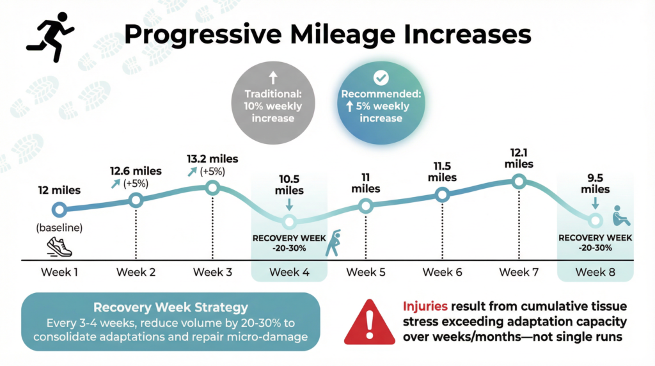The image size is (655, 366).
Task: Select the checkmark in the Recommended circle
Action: pyautogui.click(x=381, y=78)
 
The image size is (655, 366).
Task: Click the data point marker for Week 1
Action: pyautogui.click(x=59, y=209)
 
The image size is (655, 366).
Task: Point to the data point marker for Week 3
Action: pyautogui.click(x=213, y=188)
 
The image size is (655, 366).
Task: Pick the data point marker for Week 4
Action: pyautogui.click(x=289, y=222)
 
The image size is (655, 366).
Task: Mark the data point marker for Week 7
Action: pyautogui.click(x=519, y=182)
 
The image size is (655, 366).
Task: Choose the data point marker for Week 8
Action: pyautogui.click(x=596, y=221)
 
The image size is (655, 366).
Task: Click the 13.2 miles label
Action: pyautogui.click(x=213, y=159)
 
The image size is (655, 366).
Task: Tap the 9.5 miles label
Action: pyautogui.click(x=595, y=182)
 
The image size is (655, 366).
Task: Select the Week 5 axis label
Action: pyautogui.click(x=366, y=272)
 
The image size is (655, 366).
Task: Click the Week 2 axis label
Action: pyautogui.click(x=136, y=272)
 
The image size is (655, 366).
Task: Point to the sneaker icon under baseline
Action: pyautogui.click(x=59, y=246)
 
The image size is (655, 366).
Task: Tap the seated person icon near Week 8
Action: pyautogui.click(x=620, y=216)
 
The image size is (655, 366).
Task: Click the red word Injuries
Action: pyautogui.click(x=425, y=306)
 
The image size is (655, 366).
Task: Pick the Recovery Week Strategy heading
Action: pyautogui.click(x=170, y=307)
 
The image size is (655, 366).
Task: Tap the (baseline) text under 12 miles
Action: pyautogui.click(x=59, y=228)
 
